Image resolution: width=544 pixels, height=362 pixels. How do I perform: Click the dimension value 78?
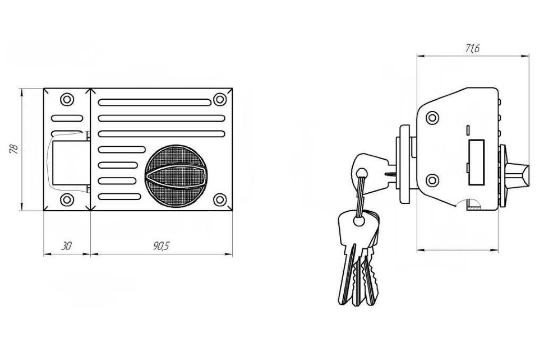point(14,148)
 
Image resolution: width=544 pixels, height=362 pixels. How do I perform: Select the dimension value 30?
point(66,246)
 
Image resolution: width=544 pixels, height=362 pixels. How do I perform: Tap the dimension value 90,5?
point(162,246)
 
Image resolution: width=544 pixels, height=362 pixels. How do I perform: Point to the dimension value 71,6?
point(472,49)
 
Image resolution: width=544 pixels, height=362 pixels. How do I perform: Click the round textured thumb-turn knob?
point(176,176)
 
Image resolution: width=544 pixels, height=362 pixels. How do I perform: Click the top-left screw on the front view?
point(67,100)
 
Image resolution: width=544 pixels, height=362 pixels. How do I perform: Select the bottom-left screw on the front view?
point(67,199)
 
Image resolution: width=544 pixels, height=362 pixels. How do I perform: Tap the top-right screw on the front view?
point(220,99)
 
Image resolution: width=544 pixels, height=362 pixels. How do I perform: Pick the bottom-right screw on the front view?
point(220,199)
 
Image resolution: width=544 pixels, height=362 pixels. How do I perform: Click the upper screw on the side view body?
point(432,118)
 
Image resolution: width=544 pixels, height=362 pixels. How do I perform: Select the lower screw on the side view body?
point(432,180)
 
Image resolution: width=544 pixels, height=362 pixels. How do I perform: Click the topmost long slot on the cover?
point(155,103)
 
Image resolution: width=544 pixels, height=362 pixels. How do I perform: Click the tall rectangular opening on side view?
point(476,162)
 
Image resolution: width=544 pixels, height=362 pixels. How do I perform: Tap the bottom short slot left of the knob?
point(119,197)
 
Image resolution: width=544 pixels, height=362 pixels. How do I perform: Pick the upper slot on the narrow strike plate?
point(67,118)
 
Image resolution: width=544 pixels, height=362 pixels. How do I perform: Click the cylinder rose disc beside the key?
point(404,164)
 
